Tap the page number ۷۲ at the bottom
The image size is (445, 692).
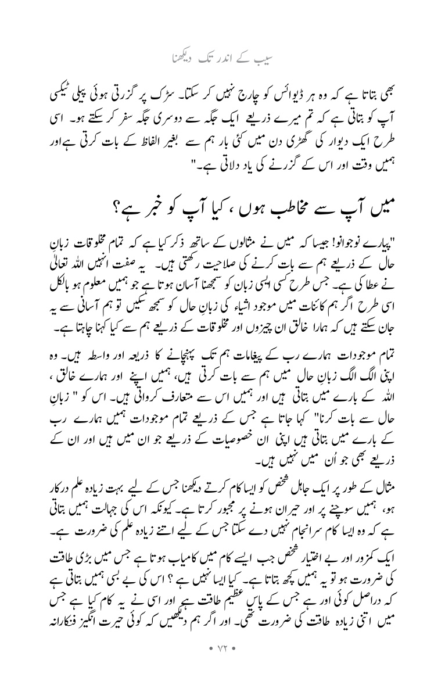point(222,658)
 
